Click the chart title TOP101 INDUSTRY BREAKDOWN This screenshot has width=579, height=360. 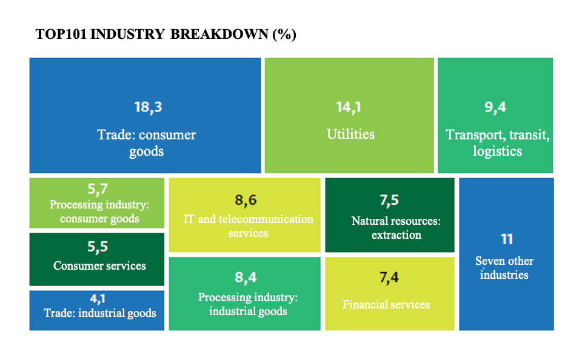pos(166,35)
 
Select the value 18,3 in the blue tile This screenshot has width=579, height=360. pos(148,107)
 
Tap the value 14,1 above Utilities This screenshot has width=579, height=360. pos(348,107)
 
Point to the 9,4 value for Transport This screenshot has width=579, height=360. pos(495,107)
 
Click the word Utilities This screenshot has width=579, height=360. pos(350,134)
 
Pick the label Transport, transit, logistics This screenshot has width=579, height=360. pos(497,143)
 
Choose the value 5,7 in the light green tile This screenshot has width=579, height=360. pos(97,189)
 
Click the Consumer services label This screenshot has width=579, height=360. pos(99,266)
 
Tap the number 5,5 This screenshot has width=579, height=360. pos(98,247)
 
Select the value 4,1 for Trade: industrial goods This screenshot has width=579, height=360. pos(98,298)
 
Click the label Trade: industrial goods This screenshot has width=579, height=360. pos(99,313)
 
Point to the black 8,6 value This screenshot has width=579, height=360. pos(246,200)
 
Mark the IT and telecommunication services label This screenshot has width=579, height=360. pos(248,226)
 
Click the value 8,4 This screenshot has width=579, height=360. pos(246,278)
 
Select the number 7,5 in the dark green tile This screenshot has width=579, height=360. pos(389,200)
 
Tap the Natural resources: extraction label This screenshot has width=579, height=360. pos(397,228)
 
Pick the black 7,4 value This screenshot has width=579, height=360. pos(389,278)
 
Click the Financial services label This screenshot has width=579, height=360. pos(386,305)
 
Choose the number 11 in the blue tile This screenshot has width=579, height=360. pos(507,239)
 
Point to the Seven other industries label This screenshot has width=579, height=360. pos(504,268)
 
